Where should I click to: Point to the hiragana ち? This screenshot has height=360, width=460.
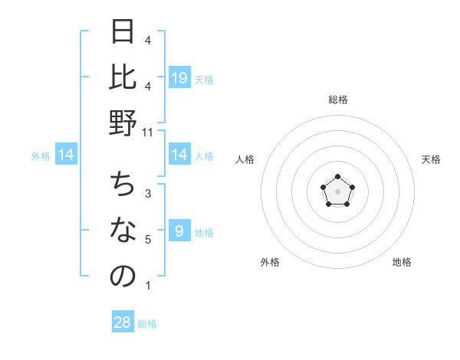(123, 185)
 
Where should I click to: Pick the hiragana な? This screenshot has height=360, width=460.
(123, 231)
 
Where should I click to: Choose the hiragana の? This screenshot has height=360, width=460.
(123, 277)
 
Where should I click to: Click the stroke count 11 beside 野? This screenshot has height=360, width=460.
(148, 133)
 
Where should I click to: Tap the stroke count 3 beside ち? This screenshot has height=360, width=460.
(148, 194)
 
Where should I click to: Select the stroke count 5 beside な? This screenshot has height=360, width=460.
(148, 240)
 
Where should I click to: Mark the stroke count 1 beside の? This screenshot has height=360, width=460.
(148, 286)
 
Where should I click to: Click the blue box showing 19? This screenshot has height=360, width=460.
(179, 77)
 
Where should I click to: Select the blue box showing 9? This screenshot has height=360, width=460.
(179, 231)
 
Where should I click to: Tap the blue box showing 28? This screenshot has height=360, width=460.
(123, 322)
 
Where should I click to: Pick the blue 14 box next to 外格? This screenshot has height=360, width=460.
(67, 155)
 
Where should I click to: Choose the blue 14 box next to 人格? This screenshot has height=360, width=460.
(179, 155)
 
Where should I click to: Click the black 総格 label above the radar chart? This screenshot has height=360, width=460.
(337, 100)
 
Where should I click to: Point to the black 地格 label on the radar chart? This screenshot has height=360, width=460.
(402, 262)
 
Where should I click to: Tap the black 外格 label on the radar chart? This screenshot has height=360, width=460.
(270, 262)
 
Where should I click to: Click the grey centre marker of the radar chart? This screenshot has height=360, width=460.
(337, 191)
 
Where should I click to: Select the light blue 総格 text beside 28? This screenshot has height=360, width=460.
(147, 324)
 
